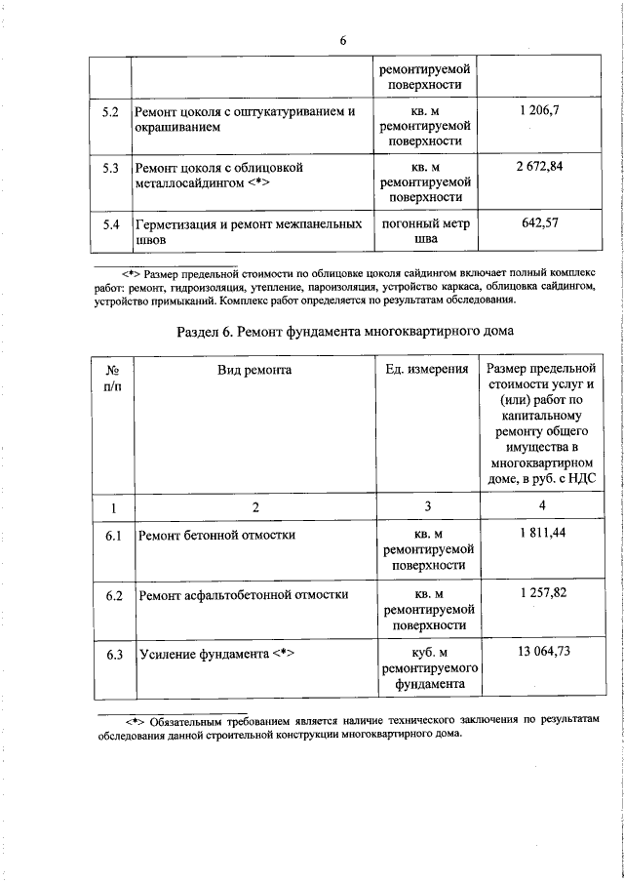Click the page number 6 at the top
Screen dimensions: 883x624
point(343,40)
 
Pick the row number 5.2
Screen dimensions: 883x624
point(110,113)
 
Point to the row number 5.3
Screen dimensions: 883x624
point(110,168)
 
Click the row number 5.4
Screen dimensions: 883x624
point(110,223)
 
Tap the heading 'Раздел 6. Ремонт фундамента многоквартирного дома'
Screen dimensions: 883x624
point(345,331)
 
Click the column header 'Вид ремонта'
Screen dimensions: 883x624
point(254,370)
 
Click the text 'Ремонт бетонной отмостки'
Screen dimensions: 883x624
point(216,536)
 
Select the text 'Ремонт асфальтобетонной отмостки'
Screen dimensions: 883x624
point(244,594)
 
